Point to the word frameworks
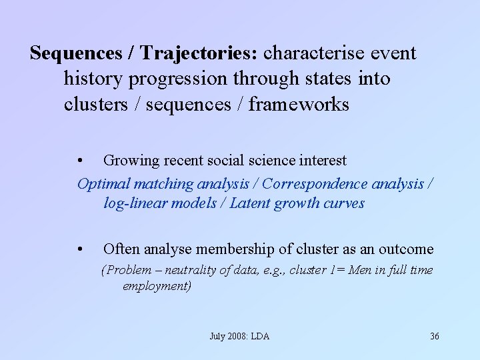pos(298,105)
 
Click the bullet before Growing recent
pos(80,161)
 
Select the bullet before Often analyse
pos(80,249)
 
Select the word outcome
pos(406,249)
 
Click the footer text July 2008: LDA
pos(239,336)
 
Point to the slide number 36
pos(434,336)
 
